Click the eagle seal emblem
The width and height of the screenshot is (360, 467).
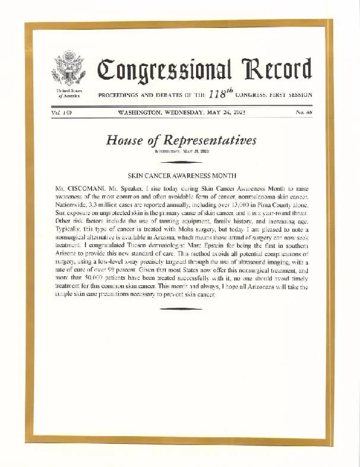pos(69,68)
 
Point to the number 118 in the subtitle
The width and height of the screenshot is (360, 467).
pos(219,94)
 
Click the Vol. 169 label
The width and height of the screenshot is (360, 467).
pos(60,112)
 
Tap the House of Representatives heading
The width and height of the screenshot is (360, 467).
pos(181,140)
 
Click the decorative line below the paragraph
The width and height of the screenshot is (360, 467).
pos(181,308)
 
